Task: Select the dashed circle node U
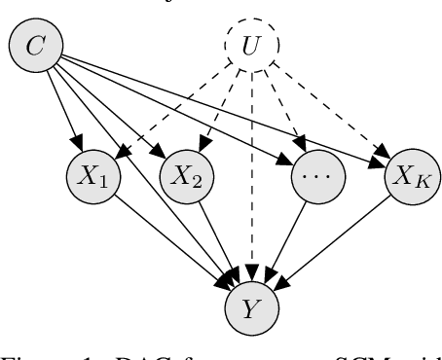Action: click(x=251, y=47)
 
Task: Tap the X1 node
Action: click(x=91, y=178)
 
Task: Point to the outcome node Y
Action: click(x=251, y=309)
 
